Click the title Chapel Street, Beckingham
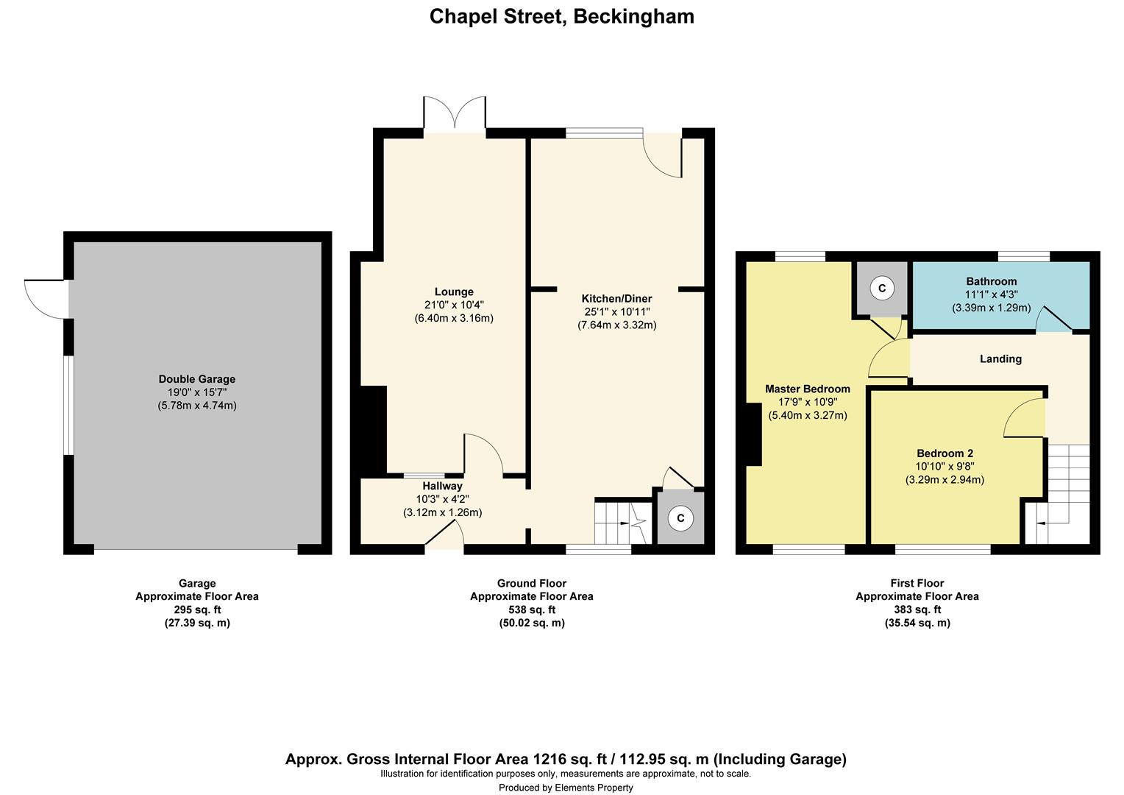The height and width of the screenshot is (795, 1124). coord(561,16)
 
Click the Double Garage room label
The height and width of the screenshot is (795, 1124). coord(197,379)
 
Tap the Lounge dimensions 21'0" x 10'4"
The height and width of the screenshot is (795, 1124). coord(454,305)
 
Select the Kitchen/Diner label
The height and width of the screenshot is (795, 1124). coord(616,298)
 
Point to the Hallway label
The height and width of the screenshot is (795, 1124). coord(442,486)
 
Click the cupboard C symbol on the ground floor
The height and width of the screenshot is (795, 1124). coord(680,518)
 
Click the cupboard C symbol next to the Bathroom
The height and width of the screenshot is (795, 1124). coord(882,288)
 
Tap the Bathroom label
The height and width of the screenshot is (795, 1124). coord(991,281)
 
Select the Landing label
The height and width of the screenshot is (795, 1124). coord(1000,359)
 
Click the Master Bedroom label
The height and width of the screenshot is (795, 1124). coord(807,389)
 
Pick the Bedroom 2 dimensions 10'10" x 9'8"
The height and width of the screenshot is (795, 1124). coord(945,467)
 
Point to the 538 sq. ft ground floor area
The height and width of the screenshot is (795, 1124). coord(531,609)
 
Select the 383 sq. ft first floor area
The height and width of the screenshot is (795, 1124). coord(917,609)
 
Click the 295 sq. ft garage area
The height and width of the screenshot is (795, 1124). coord(196,609)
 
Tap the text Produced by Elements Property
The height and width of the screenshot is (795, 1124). coord(566,788)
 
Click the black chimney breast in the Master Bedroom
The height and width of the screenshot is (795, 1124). coord(753,434)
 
